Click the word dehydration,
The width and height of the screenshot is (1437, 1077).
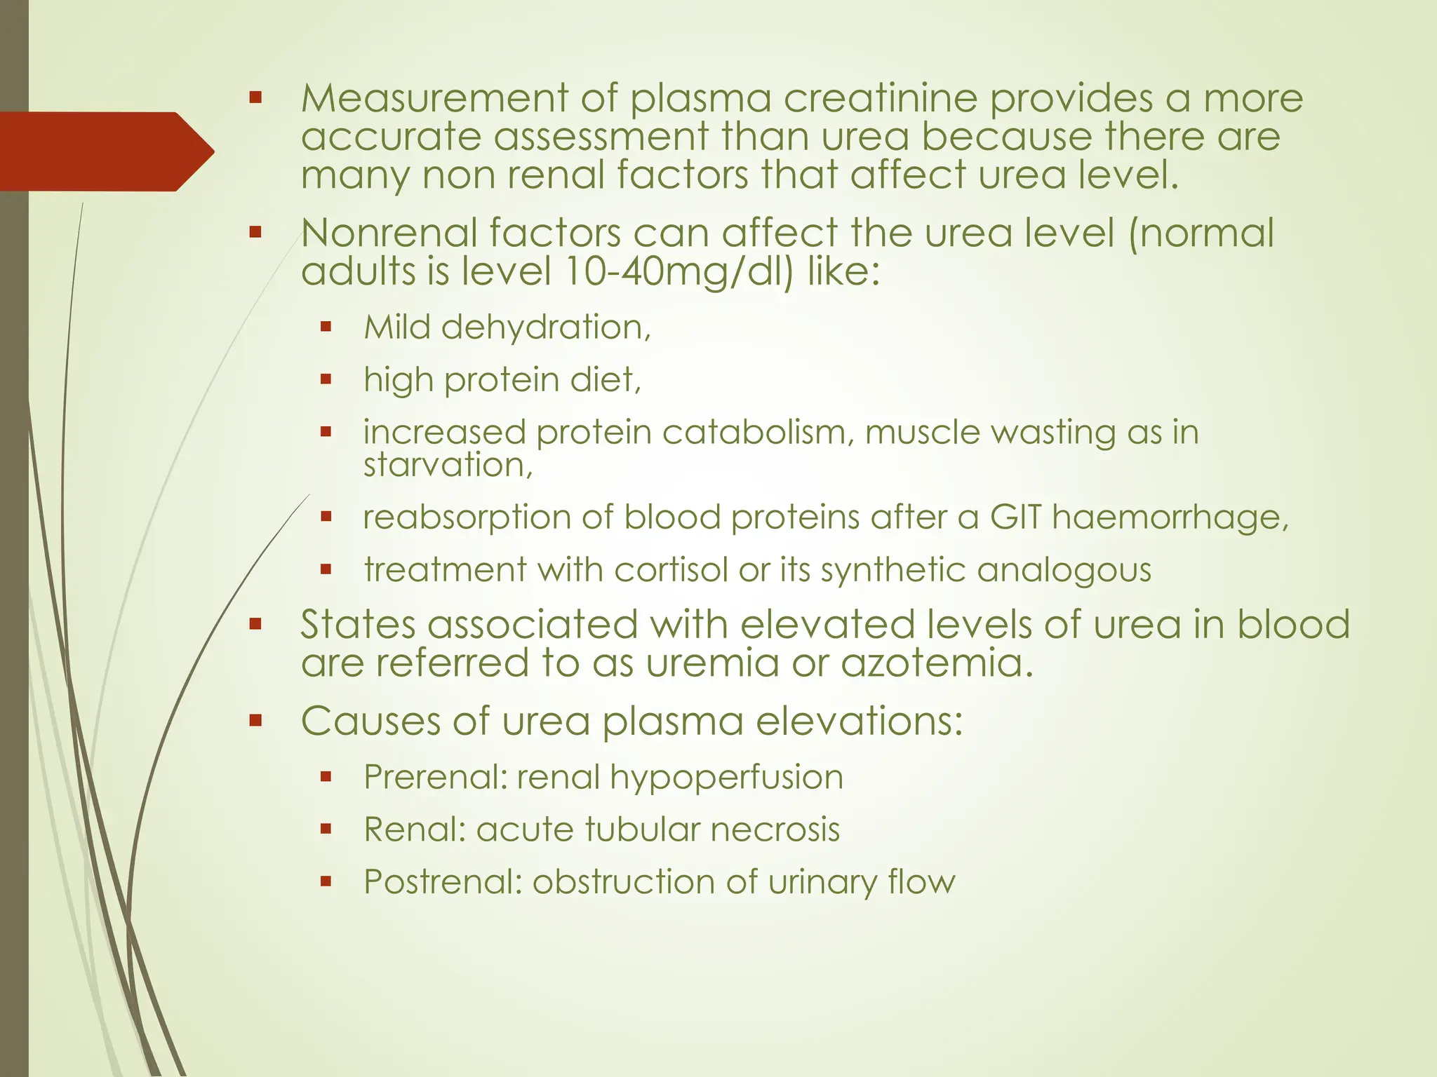tap(546, 327)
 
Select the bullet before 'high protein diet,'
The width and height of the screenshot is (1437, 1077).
tap(326, 379)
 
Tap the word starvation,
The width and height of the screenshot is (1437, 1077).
tap(448, 465)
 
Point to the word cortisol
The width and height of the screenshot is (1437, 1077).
tap(671, 569)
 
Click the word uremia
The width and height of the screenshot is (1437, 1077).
tap(712, 663)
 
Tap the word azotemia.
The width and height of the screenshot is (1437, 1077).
tap(936, 663)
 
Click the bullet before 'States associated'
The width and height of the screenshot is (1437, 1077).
tap(255, 623)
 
